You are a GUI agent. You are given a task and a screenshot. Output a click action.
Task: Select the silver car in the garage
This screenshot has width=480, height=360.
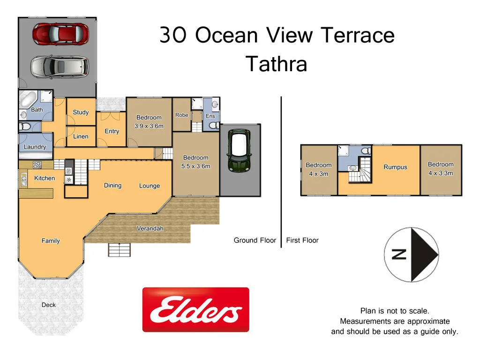click(60, 67)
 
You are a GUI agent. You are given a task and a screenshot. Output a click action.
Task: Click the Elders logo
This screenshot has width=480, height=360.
click(195, 309)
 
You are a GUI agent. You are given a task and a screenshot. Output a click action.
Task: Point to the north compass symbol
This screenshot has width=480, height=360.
click(412, 254)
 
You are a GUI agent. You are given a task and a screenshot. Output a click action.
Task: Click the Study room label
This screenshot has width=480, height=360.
click(81, 112)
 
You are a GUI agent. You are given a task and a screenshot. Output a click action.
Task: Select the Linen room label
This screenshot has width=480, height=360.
click(81, 136)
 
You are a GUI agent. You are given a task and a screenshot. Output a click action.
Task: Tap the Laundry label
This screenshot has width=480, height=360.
click(35, 147)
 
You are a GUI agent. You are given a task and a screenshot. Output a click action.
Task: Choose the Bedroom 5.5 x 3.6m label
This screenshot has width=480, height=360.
click(196, 162)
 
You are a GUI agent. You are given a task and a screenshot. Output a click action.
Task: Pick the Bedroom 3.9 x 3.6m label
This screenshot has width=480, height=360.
click(149, 121)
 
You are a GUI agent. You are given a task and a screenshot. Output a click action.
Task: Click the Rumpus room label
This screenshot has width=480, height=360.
click(395, 167)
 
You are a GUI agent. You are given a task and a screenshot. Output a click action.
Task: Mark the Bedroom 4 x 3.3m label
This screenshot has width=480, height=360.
click(441, 168)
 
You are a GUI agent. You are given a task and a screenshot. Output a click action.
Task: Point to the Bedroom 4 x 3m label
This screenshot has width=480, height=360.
click(318, 169)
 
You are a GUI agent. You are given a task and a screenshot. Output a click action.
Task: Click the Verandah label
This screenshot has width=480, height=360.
click(150, 229)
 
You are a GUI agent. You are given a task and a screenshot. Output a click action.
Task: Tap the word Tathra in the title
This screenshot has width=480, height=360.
click(276, 64)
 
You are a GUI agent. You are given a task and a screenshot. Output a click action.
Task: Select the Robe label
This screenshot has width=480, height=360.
click(181, 115)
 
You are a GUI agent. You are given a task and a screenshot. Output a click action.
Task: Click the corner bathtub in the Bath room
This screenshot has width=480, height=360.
click(28, 100)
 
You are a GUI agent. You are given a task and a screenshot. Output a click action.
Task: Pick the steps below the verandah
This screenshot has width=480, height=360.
click(120, 249)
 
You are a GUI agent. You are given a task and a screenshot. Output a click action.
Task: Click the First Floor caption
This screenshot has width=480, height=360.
click(302, 240)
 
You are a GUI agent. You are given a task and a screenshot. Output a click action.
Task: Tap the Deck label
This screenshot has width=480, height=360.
click(48, 305)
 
